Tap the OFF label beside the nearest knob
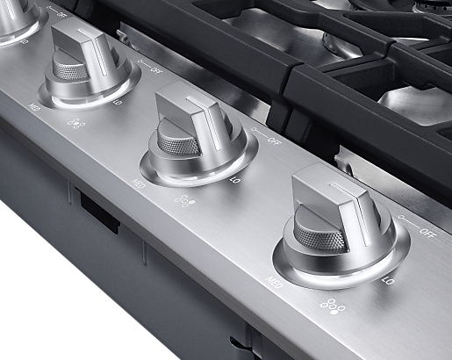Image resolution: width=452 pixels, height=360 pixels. point(427,233)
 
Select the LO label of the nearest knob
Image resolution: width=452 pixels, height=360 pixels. point(389,281)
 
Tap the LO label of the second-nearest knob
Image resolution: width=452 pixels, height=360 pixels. point(235,180)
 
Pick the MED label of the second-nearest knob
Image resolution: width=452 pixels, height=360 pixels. point(139,184)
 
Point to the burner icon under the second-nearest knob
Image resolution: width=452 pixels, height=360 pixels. point(183,201)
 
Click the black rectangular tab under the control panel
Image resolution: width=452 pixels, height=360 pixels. point(99,212)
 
